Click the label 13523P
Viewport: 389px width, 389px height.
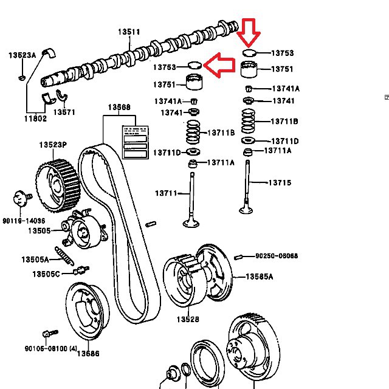[53, 145]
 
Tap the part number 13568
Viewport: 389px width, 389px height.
[119, 108]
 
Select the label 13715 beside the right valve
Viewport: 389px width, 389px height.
[280, 182]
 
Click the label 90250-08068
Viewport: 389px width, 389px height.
[277, 256]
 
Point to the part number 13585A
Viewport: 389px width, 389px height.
[260, 276]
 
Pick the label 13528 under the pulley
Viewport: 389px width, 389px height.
[188, 318]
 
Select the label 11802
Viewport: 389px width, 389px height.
[36, 119]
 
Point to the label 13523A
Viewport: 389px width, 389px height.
[22, 55]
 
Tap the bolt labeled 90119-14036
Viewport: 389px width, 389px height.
[21, 198]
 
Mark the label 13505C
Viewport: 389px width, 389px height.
[46, 274]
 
